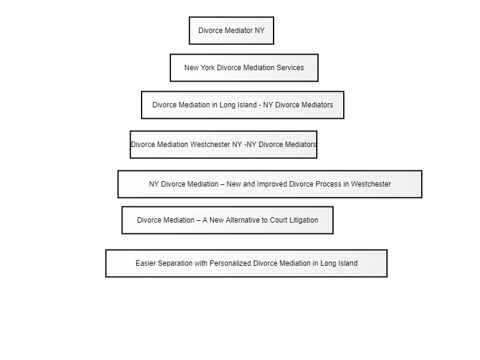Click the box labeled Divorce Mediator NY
click(x=232, y=31)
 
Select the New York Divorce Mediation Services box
click(x=244, y=68)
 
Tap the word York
click(x=208, y=68)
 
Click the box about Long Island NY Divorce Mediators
click(x=243, y=105)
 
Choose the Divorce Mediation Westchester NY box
click(x=223, y=145)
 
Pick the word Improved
click(x=272, y=184)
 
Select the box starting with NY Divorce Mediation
click(x=269, y=184)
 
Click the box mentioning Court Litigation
click(x=227, y=220)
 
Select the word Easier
click(x=146, y=263)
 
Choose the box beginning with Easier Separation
click(x=247, y=263)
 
